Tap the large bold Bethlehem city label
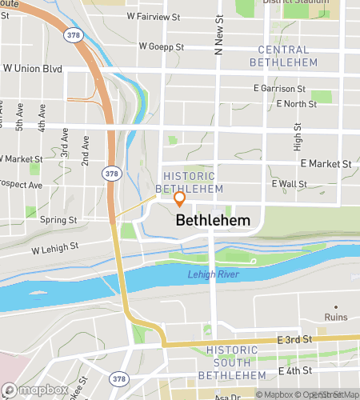click(x=212, y=220)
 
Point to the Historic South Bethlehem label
click(x=231, y=362)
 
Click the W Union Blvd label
click(x=31, y=69)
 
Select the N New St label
click(x=218, y=36)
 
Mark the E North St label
click(x=295, y=104)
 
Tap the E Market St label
click(x=326, y=164)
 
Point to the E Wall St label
click(x=289, y=184)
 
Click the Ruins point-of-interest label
click(x=337, y=318)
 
